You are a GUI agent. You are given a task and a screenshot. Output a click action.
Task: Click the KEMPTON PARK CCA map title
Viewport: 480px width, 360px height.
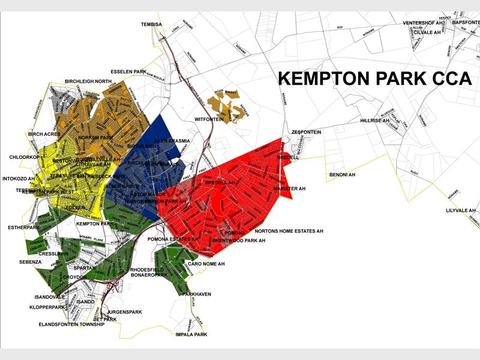coord(375,79)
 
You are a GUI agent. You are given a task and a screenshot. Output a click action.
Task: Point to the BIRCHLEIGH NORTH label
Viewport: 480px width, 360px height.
coord(88,81)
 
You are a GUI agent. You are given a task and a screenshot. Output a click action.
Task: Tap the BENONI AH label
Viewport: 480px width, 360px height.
coord(342,175)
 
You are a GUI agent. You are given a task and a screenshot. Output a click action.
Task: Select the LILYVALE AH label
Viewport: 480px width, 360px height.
coord(460,211)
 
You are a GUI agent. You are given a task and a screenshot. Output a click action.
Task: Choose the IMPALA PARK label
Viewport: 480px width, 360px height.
coord(191,334)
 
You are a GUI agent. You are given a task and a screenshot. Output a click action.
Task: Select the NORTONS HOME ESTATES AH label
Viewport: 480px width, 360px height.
coord(289,231)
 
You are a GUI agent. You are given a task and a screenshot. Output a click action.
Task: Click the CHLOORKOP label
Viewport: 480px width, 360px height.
coord(24,157)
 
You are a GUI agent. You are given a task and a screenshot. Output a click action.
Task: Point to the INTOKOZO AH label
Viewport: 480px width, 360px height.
coord(19,178)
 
